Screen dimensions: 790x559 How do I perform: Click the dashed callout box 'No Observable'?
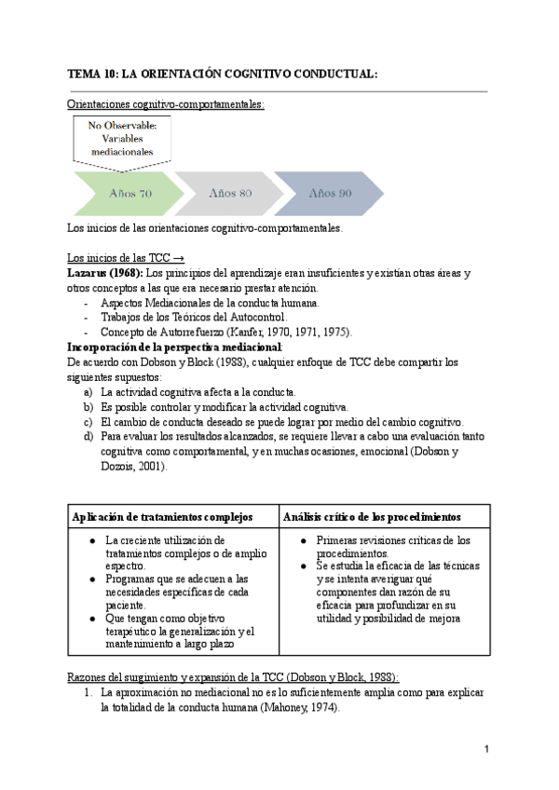click(x=122, y=140)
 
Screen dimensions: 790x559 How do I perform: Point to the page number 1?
click(x=486, y=749)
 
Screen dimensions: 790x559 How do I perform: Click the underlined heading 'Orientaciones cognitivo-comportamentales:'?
click(x=167, y=105)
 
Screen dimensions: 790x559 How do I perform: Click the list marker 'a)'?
click(x=89, y=393)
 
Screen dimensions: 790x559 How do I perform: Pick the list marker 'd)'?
click(x=89, y=435)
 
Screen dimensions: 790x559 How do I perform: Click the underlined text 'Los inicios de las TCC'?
click(x=119, y=258)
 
